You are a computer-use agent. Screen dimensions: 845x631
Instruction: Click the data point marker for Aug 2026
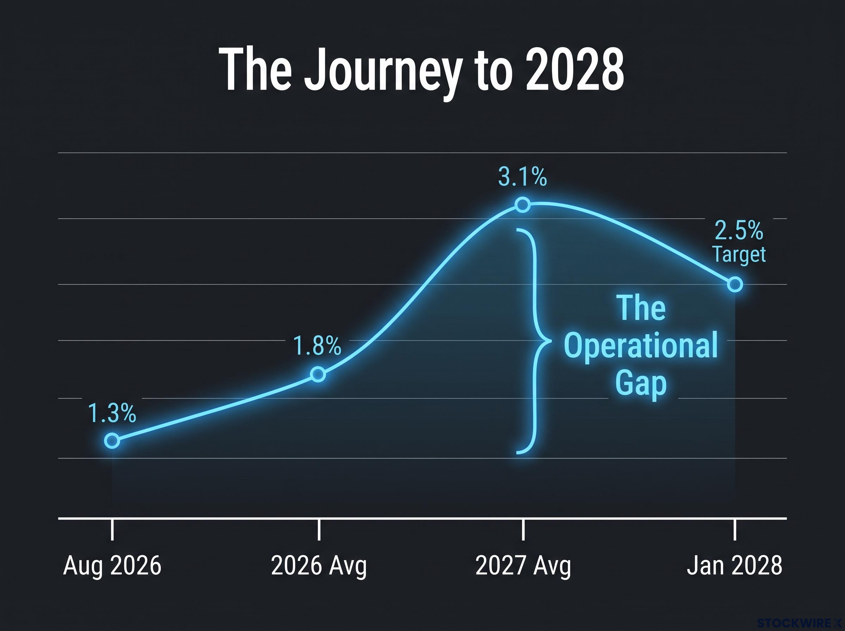[112, 441]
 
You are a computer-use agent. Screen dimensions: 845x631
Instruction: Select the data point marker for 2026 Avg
[318, 374]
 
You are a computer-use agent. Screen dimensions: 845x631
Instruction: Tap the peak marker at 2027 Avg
[523, 205]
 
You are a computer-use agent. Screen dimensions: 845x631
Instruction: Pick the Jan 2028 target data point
[735, 285]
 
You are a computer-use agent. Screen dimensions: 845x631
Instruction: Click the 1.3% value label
[112, 413]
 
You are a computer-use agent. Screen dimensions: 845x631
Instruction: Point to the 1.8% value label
[317, 346]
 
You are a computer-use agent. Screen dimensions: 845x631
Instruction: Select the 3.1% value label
[522, 177]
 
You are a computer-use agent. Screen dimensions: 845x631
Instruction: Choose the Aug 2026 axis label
[112, 566]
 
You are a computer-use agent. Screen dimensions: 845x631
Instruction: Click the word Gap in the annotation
[641, 383]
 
